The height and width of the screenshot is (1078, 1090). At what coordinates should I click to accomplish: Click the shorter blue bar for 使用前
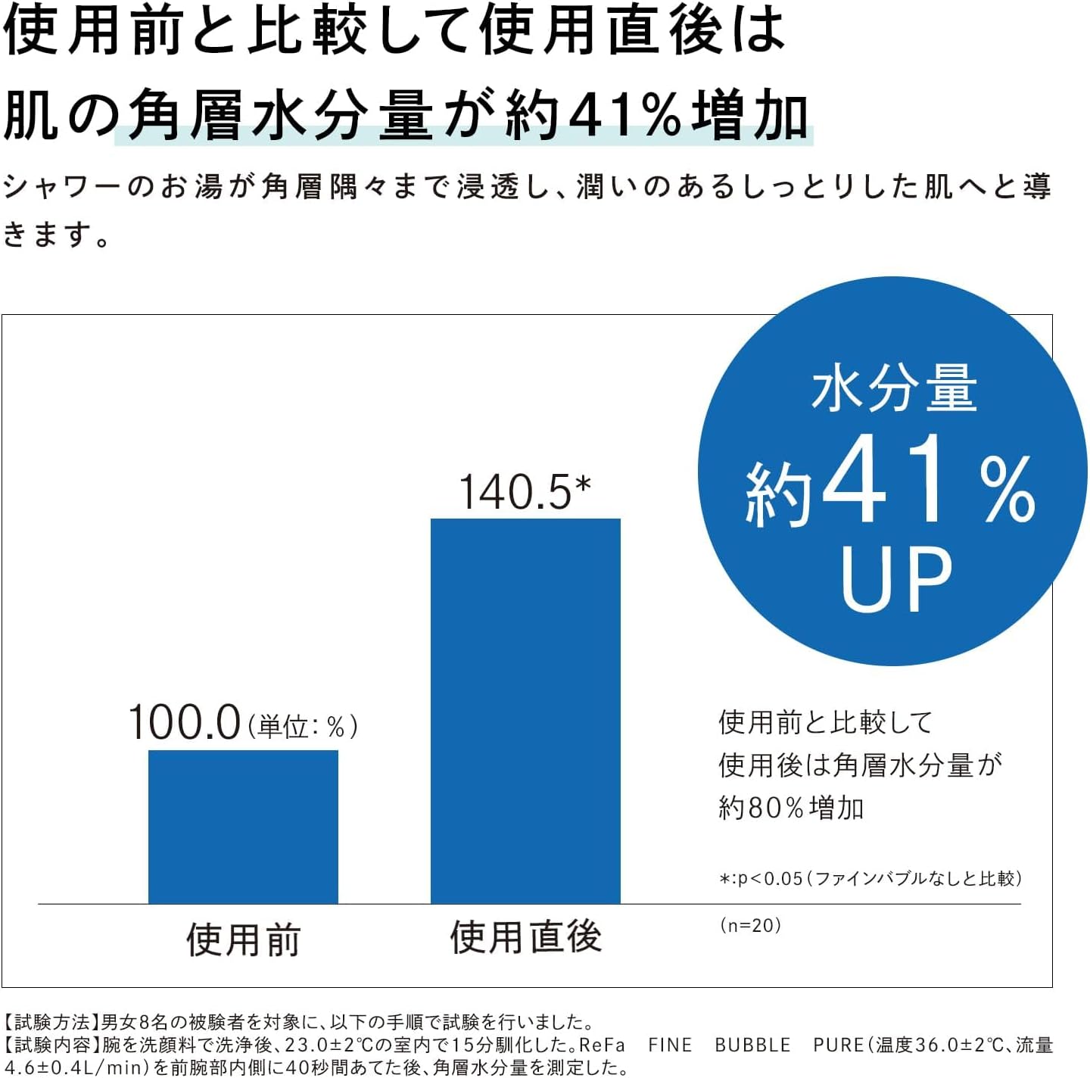243,827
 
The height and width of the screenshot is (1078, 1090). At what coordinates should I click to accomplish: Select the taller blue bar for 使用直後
525,711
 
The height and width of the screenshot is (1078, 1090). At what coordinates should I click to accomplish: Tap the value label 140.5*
525,492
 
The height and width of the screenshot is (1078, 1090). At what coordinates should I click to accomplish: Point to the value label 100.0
185,722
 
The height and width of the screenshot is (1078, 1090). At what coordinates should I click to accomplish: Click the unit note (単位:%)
303,727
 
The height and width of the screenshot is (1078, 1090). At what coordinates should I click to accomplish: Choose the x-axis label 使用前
244,940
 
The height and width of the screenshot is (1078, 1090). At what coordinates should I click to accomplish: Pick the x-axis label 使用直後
525,937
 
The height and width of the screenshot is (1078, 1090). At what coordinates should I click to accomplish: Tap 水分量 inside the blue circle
894,389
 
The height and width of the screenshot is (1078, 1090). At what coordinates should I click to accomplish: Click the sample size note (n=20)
750,925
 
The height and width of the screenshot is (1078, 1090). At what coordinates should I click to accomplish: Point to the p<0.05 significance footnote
870,878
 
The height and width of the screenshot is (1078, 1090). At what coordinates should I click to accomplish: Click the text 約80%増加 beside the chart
791,808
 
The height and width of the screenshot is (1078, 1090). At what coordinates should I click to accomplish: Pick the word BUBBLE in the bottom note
752,1045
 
